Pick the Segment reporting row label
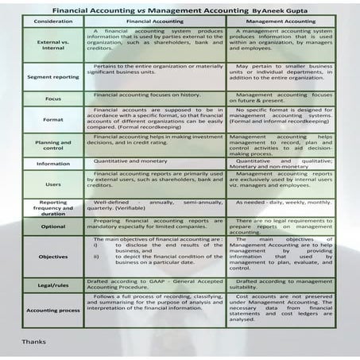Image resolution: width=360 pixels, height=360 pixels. click(54, 76)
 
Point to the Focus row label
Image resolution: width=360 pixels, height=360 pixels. click(54, 99)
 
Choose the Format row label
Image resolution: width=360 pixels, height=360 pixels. click(54, 119)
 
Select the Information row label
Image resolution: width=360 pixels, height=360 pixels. click(54, 164)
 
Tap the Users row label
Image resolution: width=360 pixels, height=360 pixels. click(54, 184)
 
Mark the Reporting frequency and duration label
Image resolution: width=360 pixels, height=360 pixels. click(54, 207)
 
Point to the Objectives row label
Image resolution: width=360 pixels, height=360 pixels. click(54, 257)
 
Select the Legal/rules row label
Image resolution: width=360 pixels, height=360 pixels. click(54, 285)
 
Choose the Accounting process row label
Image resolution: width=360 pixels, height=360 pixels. click(54, 311)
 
